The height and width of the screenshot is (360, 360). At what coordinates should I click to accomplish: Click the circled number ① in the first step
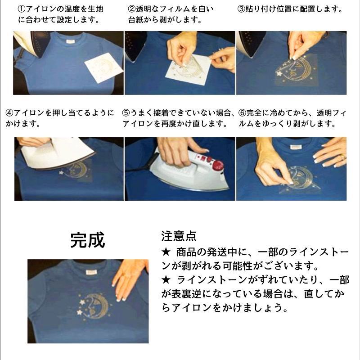(x=21, y=9)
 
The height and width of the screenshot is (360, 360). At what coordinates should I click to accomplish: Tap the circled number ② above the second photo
(x=132, y=9)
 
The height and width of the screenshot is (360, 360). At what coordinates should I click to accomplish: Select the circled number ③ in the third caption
(x=241, y=9)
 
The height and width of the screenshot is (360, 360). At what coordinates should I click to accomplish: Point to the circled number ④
(x=9, y=113)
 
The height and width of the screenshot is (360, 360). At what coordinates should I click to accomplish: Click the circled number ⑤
(x=126, y=113)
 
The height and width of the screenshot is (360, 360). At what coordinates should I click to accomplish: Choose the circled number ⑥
(x=242, y=113)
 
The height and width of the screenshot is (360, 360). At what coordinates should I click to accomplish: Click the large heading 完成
(x=88, y=240)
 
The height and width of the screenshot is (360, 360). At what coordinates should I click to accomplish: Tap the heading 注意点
(x=179, y=236)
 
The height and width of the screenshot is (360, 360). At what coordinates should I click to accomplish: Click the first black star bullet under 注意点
(x=166, y=252)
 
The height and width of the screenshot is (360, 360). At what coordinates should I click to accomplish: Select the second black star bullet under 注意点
(x=166, y=280)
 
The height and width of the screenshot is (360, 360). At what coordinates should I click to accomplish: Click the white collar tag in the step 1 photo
(x=71, y=42)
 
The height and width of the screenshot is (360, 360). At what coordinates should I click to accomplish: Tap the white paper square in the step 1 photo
(x=104, y=68)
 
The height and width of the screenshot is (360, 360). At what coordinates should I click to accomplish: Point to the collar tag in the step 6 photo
(x=295, y=147)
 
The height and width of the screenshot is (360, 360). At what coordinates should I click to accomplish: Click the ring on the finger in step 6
(x=342, y=157)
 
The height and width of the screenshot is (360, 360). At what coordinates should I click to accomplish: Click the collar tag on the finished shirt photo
(x=91, y=273)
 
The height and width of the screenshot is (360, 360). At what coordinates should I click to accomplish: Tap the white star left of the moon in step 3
(x=279, y=74)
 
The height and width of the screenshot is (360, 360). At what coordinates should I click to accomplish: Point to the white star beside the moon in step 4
(x=61, y=172)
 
